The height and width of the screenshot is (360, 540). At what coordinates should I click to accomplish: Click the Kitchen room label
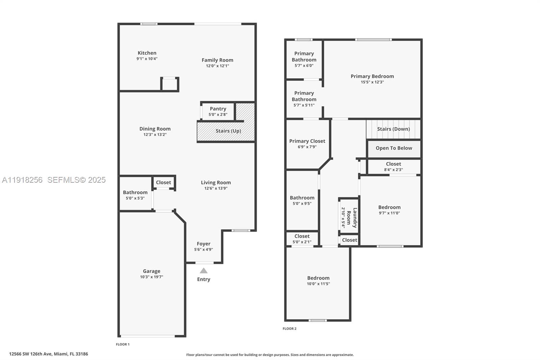click(147, 53)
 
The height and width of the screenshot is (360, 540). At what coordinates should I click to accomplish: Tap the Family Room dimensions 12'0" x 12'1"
click(217, 66)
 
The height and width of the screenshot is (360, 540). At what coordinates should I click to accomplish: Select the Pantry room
click(218, 111)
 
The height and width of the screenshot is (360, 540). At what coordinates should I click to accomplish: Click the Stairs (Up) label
click(228, 131)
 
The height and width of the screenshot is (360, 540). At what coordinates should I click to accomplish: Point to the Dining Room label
click(155, 129)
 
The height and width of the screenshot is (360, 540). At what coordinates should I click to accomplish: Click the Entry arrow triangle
click(204, 271)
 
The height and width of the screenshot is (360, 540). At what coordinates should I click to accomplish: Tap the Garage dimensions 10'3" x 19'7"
click(152, 277)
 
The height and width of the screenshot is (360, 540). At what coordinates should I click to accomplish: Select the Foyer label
click(204, 244)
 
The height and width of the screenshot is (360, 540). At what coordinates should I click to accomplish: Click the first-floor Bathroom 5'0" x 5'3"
click(135, 195)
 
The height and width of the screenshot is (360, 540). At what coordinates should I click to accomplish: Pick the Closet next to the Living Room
click(163, 182)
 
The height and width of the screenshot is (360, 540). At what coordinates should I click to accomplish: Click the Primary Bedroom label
click(372, 76)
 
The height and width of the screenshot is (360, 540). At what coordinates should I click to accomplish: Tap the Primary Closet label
click(307, 141)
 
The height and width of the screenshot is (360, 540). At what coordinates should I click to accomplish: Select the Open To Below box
click(394, 148)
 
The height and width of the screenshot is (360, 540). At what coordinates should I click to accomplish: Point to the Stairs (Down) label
click(393, 129)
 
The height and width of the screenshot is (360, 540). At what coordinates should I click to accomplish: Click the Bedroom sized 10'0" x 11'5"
click(318, 281)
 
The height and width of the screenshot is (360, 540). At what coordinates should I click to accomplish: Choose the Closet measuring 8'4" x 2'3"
click(394, 166)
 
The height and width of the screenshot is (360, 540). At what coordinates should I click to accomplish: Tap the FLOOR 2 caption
click(290, 329)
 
